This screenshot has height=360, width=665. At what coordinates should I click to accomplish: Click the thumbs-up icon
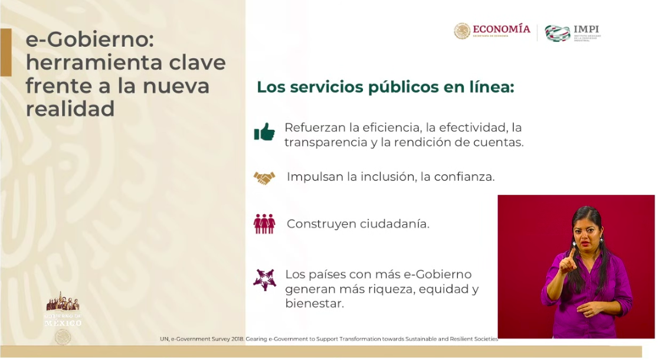tap(264, 132)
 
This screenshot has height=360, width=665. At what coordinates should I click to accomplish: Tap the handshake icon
tap(264, 177)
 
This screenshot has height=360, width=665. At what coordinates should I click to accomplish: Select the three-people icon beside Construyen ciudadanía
tap(264, 224)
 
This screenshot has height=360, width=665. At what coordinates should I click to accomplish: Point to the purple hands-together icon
tap(264, 279)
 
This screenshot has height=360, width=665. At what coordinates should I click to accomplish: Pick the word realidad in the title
tap(70, 109)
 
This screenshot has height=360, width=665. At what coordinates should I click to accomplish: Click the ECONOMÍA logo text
tap(502, 29)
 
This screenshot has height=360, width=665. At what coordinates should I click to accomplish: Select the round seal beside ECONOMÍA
tap(462, 31)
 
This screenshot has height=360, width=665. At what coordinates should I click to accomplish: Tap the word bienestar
tap(314, 305)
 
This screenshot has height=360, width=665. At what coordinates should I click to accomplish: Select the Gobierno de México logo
tap(63, 310)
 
